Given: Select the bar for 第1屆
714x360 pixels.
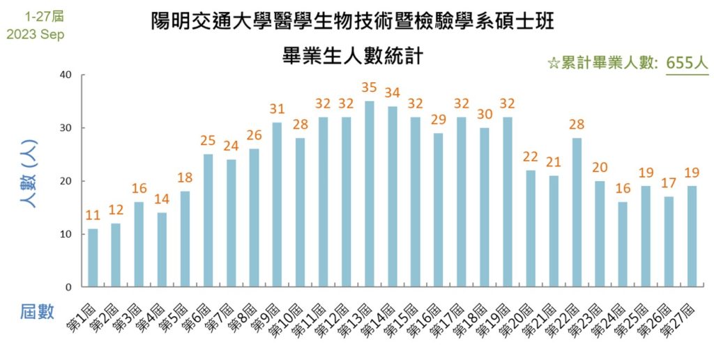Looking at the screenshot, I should click(x=93, y=258).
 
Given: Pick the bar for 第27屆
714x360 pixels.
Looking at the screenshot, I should click(x=692, y=236).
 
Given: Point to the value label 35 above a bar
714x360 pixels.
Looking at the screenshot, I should click(x=370, y=88).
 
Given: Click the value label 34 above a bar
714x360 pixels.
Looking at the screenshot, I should click(x=393, y=93).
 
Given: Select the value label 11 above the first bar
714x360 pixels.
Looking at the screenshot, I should click(x=93, y=216).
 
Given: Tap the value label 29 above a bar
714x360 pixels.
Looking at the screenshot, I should click(x=439, y=120).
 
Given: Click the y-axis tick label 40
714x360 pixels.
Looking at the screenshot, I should click(x=66, y=75).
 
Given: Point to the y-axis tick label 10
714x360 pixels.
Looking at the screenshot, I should click(x=66, y=234).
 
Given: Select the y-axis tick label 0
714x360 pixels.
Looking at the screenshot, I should click(x=69, y=287).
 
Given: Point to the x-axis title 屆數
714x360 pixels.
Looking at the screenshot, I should click(x=36, y=313).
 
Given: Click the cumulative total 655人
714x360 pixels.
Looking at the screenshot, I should click(x=687, y=63).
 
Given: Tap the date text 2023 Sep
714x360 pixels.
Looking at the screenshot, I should click(x=35, y=34).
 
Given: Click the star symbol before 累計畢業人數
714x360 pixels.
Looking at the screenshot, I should click(x=554, y=63).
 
